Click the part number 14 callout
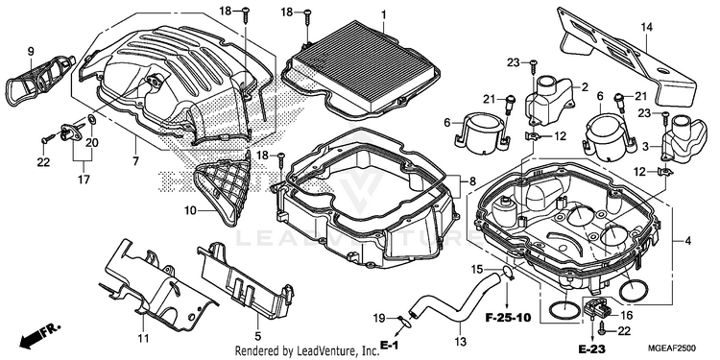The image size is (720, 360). coord(646,28)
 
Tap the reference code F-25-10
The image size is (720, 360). coord(509,318)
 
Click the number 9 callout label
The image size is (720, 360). coord(31,52)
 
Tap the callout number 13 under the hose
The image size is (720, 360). coord(460,342)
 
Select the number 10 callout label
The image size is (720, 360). coord(191,211)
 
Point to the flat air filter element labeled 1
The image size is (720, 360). coord(360,67)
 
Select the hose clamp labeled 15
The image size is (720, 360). coord(507,273)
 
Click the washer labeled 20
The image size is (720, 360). coord(92,120)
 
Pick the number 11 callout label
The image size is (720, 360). coord(144,339)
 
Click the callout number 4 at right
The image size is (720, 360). coord(688,241)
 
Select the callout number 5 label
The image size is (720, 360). coord(258,336)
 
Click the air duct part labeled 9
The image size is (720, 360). coord(39,82)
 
